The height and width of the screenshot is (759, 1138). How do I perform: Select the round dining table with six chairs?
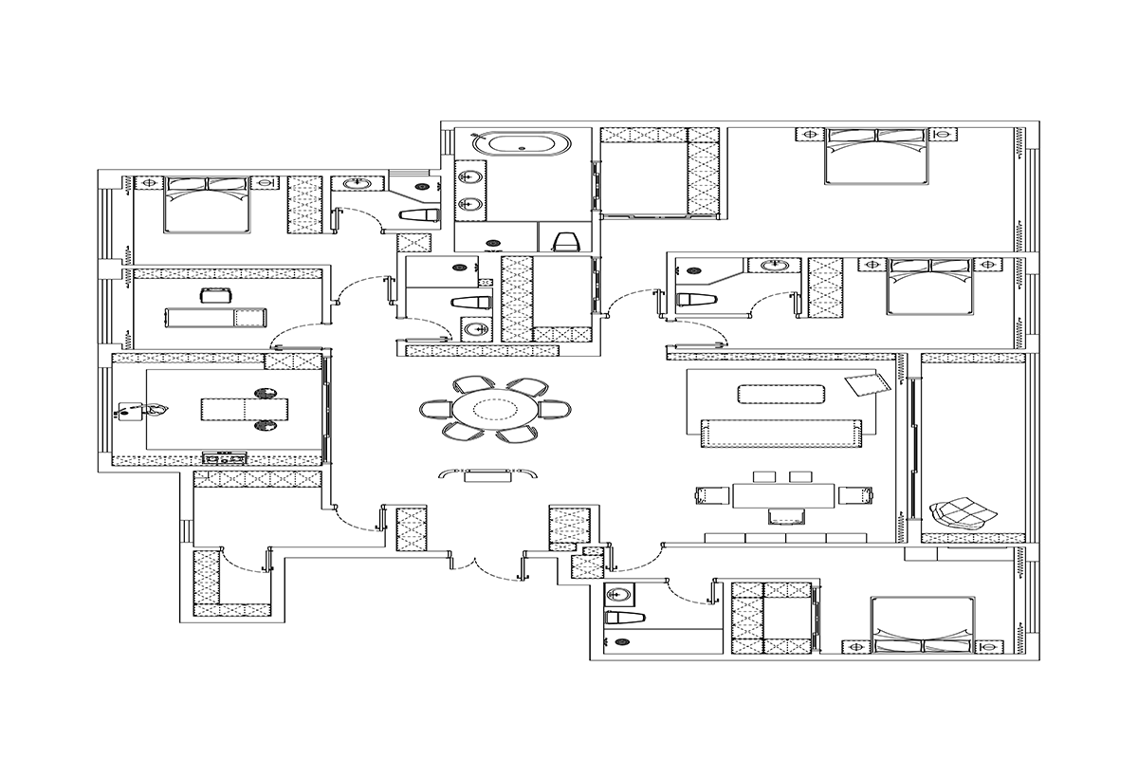click(494, 410)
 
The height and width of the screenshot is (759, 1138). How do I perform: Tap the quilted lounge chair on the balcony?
click(963, 512)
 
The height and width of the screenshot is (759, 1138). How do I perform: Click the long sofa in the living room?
click(783, 433)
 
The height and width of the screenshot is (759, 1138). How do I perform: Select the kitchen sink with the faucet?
click(139, 410)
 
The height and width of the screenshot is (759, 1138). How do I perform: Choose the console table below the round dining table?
click(488, 474)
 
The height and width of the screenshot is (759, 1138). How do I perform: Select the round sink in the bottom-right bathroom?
click(620, 595)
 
